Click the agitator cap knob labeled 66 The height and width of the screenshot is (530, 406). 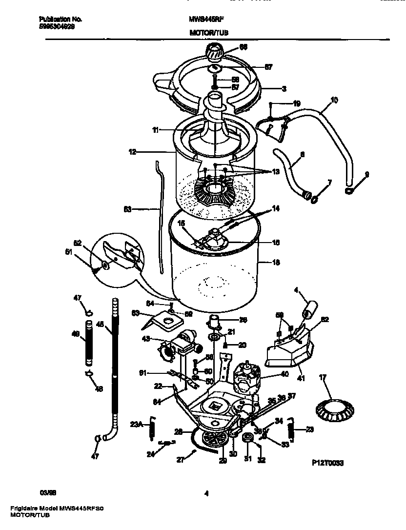(x=215, y=50)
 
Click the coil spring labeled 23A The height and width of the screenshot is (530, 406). (x=152, y=428)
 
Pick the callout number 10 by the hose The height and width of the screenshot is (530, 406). (x=334, y=101)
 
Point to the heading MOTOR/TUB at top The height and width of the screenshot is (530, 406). (x=208, y=33)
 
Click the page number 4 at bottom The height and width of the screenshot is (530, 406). (x=206, y=493)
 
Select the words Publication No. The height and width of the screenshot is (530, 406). (x=60, y=20)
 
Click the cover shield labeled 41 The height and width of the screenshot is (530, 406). (x=288, y=351)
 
